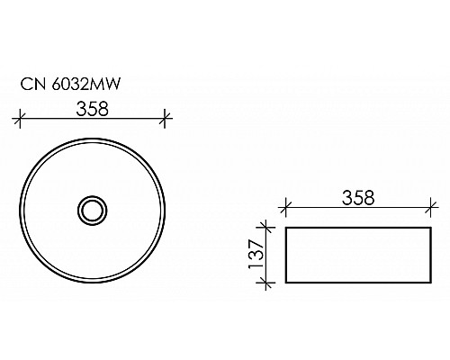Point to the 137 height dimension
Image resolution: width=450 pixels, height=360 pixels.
255,255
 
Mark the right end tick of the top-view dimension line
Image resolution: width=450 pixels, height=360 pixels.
165,117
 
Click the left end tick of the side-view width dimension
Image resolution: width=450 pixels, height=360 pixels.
284,209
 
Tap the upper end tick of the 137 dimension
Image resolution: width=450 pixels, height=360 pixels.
265,228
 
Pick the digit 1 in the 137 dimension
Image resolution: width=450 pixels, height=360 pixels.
255,268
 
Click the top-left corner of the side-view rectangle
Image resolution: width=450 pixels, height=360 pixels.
285,228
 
